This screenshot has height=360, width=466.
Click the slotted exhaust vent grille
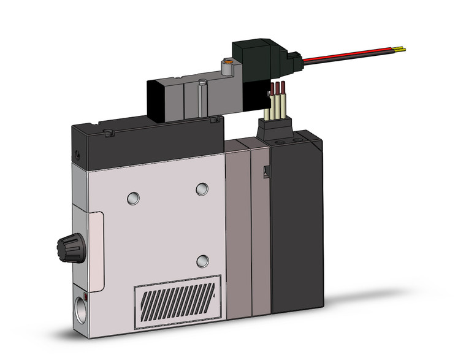click(177, 297)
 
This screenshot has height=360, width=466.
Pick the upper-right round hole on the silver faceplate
click(202, 189)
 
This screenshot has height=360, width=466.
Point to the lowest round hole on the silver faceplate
click(202, 261)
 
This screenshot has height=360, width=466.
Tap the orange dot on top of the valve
click(228, 62)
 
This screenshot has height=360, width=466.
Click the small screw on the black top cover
click(109, 132)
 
